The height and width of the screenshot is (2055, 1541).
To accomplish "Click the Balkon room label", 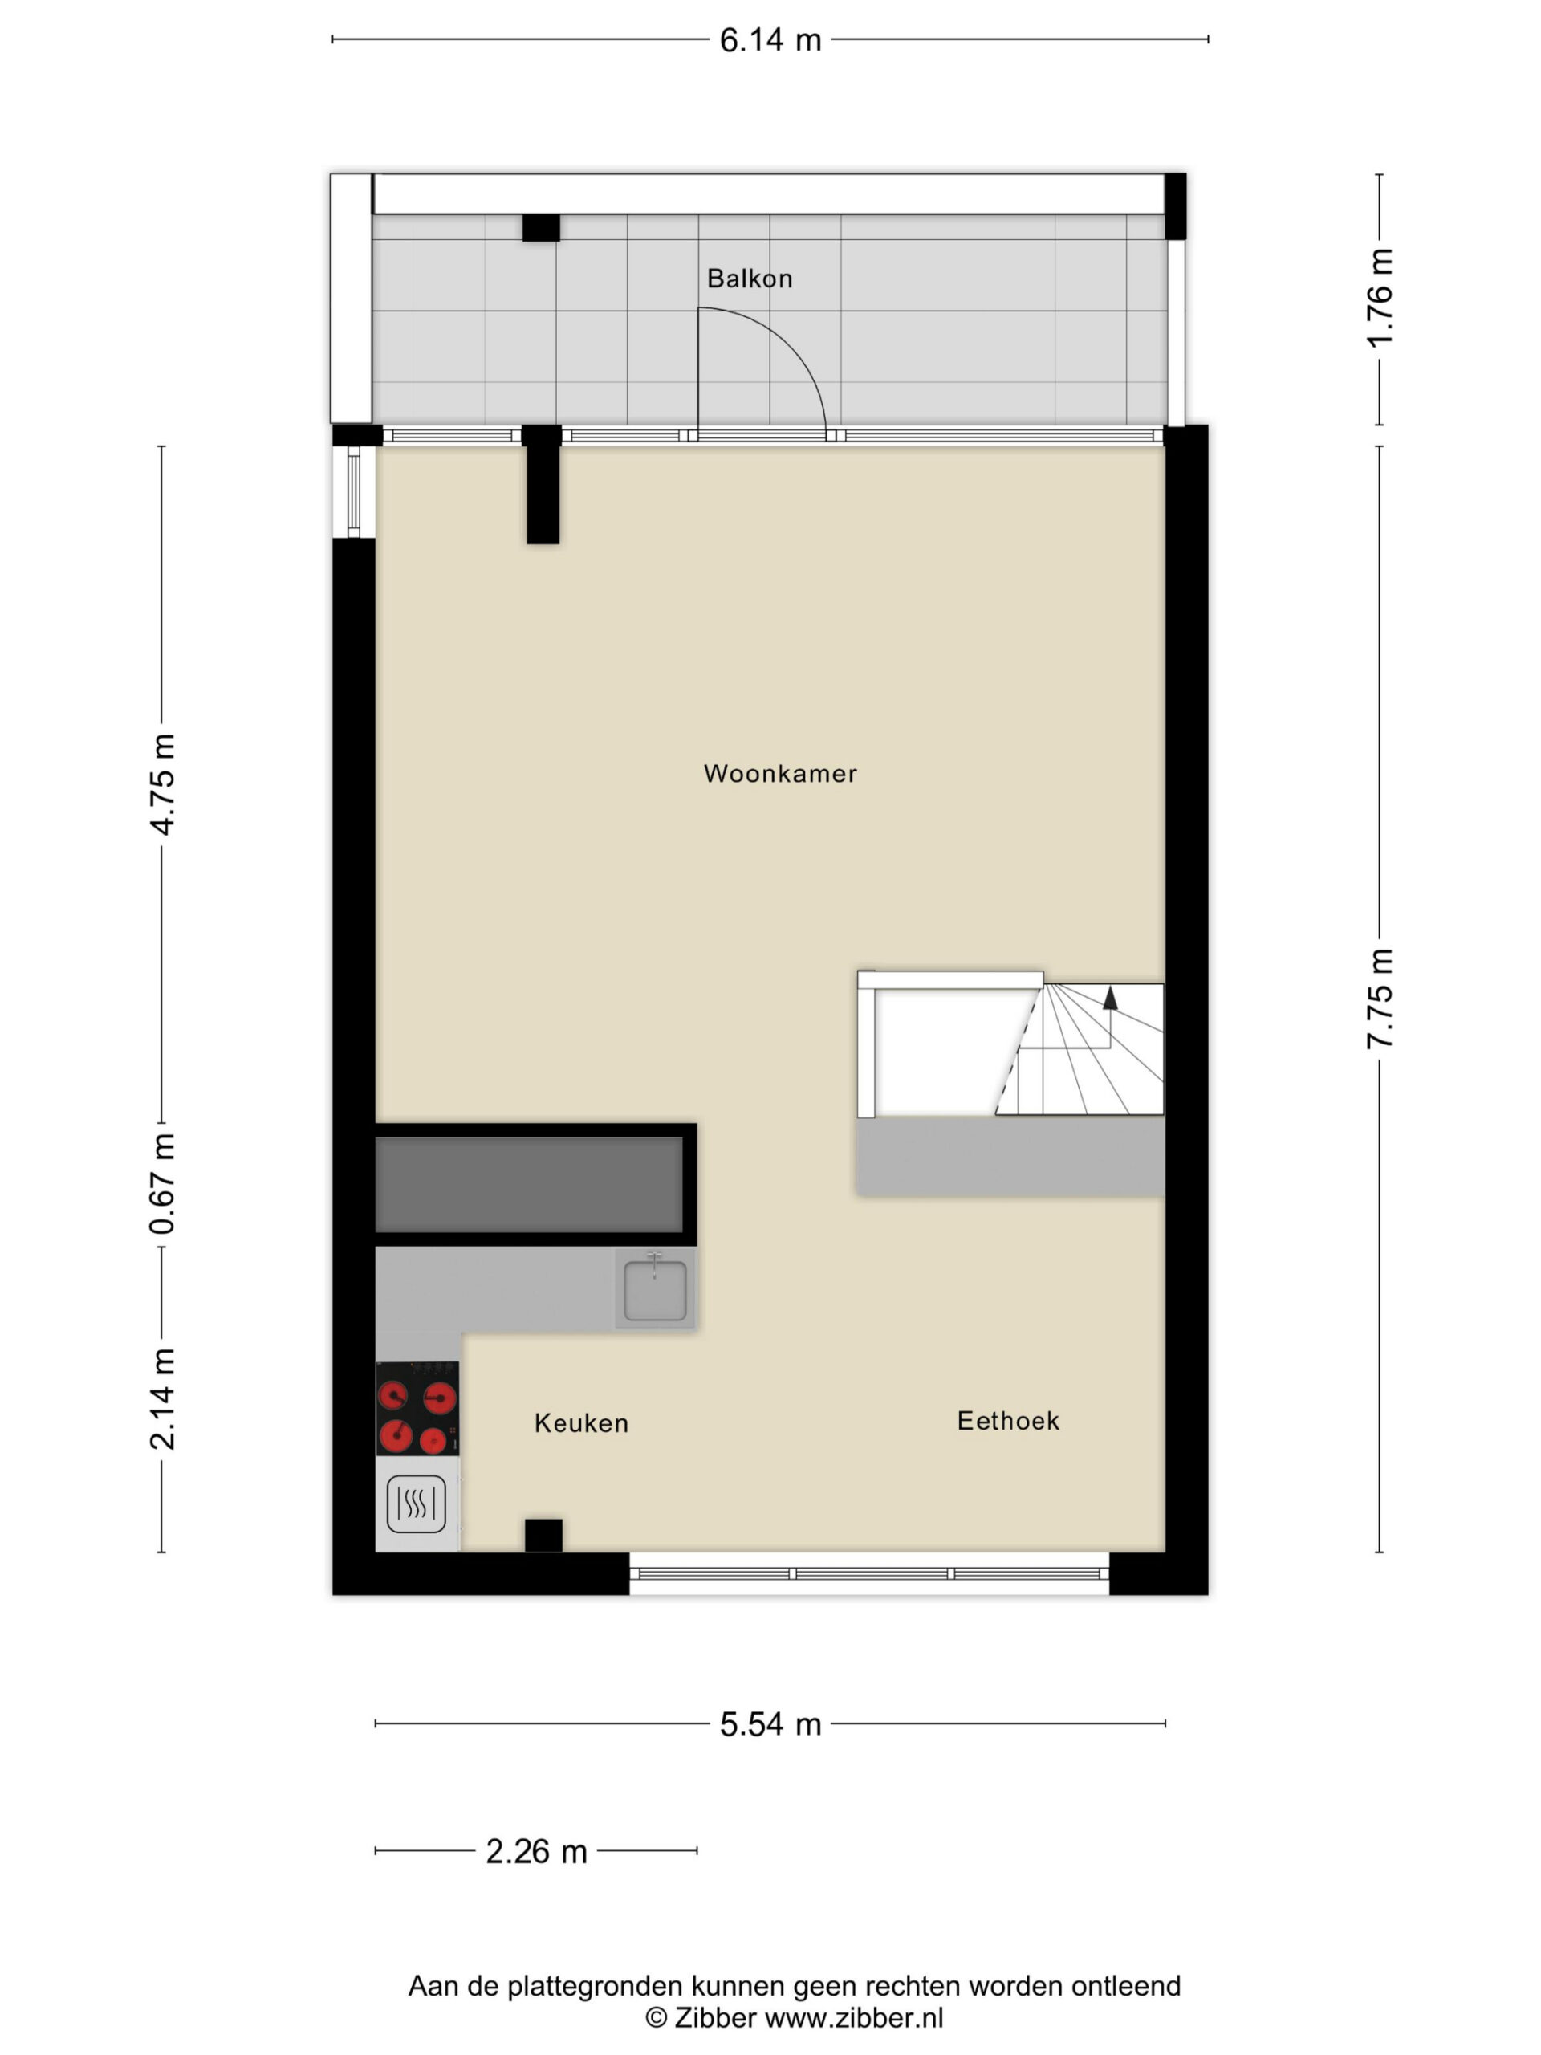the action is pos(750,279).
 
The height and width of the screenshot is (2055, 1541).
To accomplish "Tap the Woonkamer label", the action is pos(780,774).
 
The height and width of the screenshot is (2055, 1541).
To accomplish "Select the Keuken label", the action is pos(581,1423).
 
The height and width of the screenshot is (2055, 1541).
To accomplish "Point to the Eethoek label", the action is pos(1008,1421).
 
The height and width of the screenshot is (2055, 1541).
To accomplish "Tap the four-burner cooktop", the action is pos(417,1409).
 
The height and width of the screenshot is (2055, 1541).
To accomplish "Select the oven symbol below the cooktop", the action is pos(416,1504).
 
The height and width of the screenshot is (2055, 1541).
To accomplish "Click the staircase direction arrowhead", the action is pos(1110,999).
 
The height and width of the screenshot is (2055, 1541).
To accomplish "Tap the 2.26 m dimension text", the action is pos(537,1852).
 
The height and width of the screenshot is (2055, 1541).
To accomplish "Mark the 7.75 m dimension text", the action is pos(1380,999).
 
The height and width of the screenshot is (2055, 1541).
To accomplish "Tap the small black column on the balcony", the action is pos(541,228).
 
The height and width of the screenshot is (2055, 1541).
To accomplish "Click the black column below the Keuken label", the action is pos(543,1536).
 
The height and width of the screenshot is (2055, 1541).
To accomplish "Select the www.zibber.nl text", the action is pos(854,2018).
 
